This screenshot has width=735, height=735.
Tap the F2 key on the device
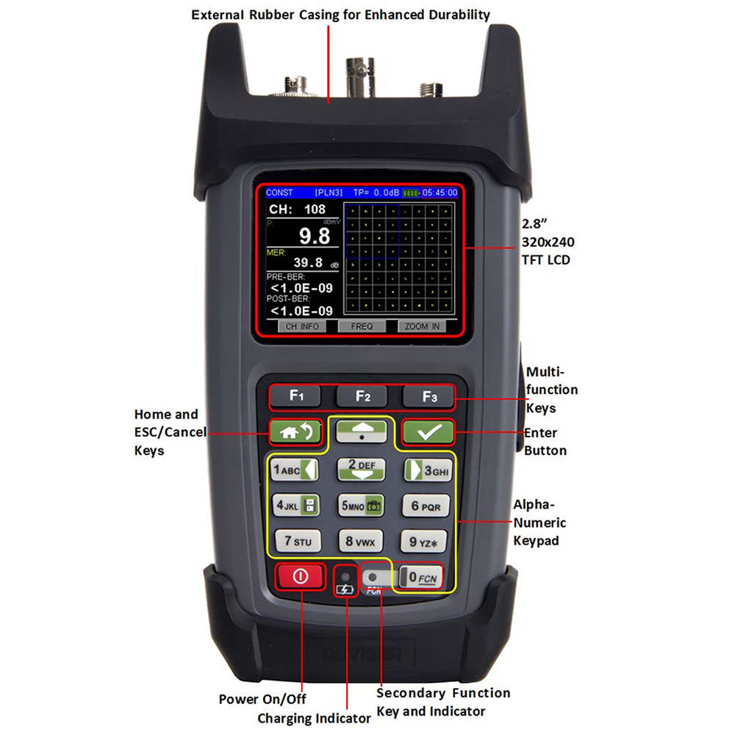click(x=362, y=397)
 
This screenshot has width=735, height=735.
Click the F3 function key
click(x=429, y=397)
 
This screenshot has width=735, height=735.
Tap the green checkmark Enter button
click(x=427, y=432)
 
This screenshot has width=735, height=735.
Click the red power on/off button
click(x=300, y=577)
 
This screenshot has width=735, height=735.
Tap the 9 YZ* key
click(x=426, y=542)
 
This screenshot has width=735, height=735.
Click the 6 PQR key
click(x=426, y=506)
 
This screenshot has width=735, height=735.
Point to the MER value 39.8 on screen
click(x=308, y=262)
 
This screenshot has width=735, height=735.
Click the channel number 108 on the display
click(x=314, y=209)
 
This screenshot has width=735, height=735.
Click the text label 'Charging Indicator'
click(x=314, y=718)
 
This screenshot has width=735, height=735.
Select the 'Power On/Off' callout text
click(x=262, y=699)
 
